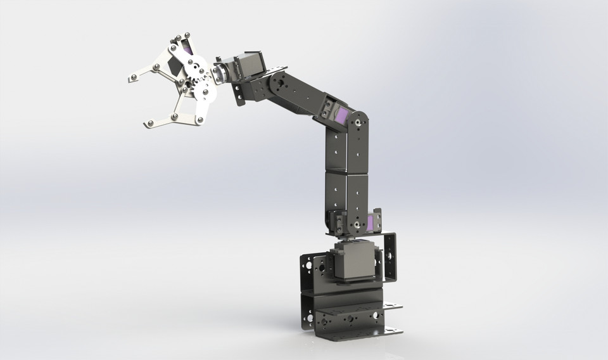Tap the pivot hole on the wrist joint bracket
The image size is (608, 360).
[277, 82]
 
